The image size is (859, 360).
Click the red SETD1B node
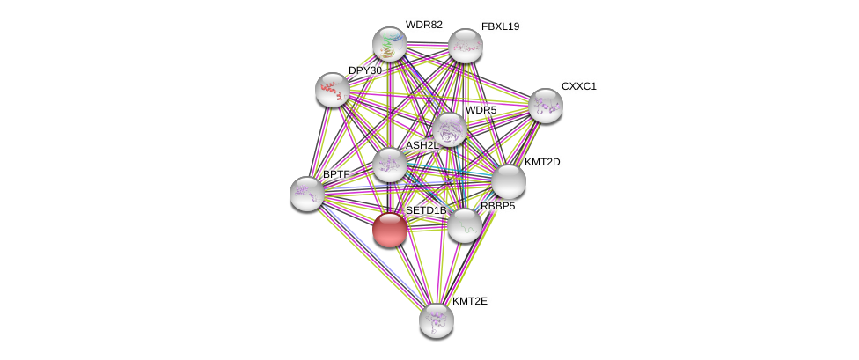389,230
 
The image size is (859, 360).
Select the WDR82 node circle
389,44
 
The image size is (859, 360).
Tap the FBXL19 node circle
465,46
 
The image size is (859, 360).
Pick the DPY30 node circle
333,89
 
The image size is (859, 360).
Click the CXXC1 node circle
546,106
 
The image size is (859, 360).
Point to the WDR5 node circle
449,129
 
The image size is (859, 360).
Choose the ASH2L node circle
389,165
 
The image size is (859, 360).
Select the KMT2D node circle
508,181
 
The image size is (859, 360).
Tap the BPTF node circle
307,194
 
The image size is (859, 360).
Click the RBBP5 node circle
464,225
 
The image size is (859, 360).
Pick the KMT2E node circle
436,320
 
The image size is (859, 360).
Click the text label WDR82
423,25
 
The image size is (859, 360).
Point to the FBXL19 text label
500,26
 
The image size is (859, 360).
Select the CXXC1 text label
578,86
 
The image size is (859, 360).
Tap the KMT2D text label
542,162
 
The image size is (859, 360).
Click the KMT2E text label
469,301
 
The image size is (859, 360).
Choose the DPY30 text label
364,70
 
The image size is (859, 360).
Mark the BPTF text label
336,174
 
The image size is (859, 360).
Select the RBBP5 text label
497,206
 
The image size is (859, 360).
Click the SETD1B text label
425,210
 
